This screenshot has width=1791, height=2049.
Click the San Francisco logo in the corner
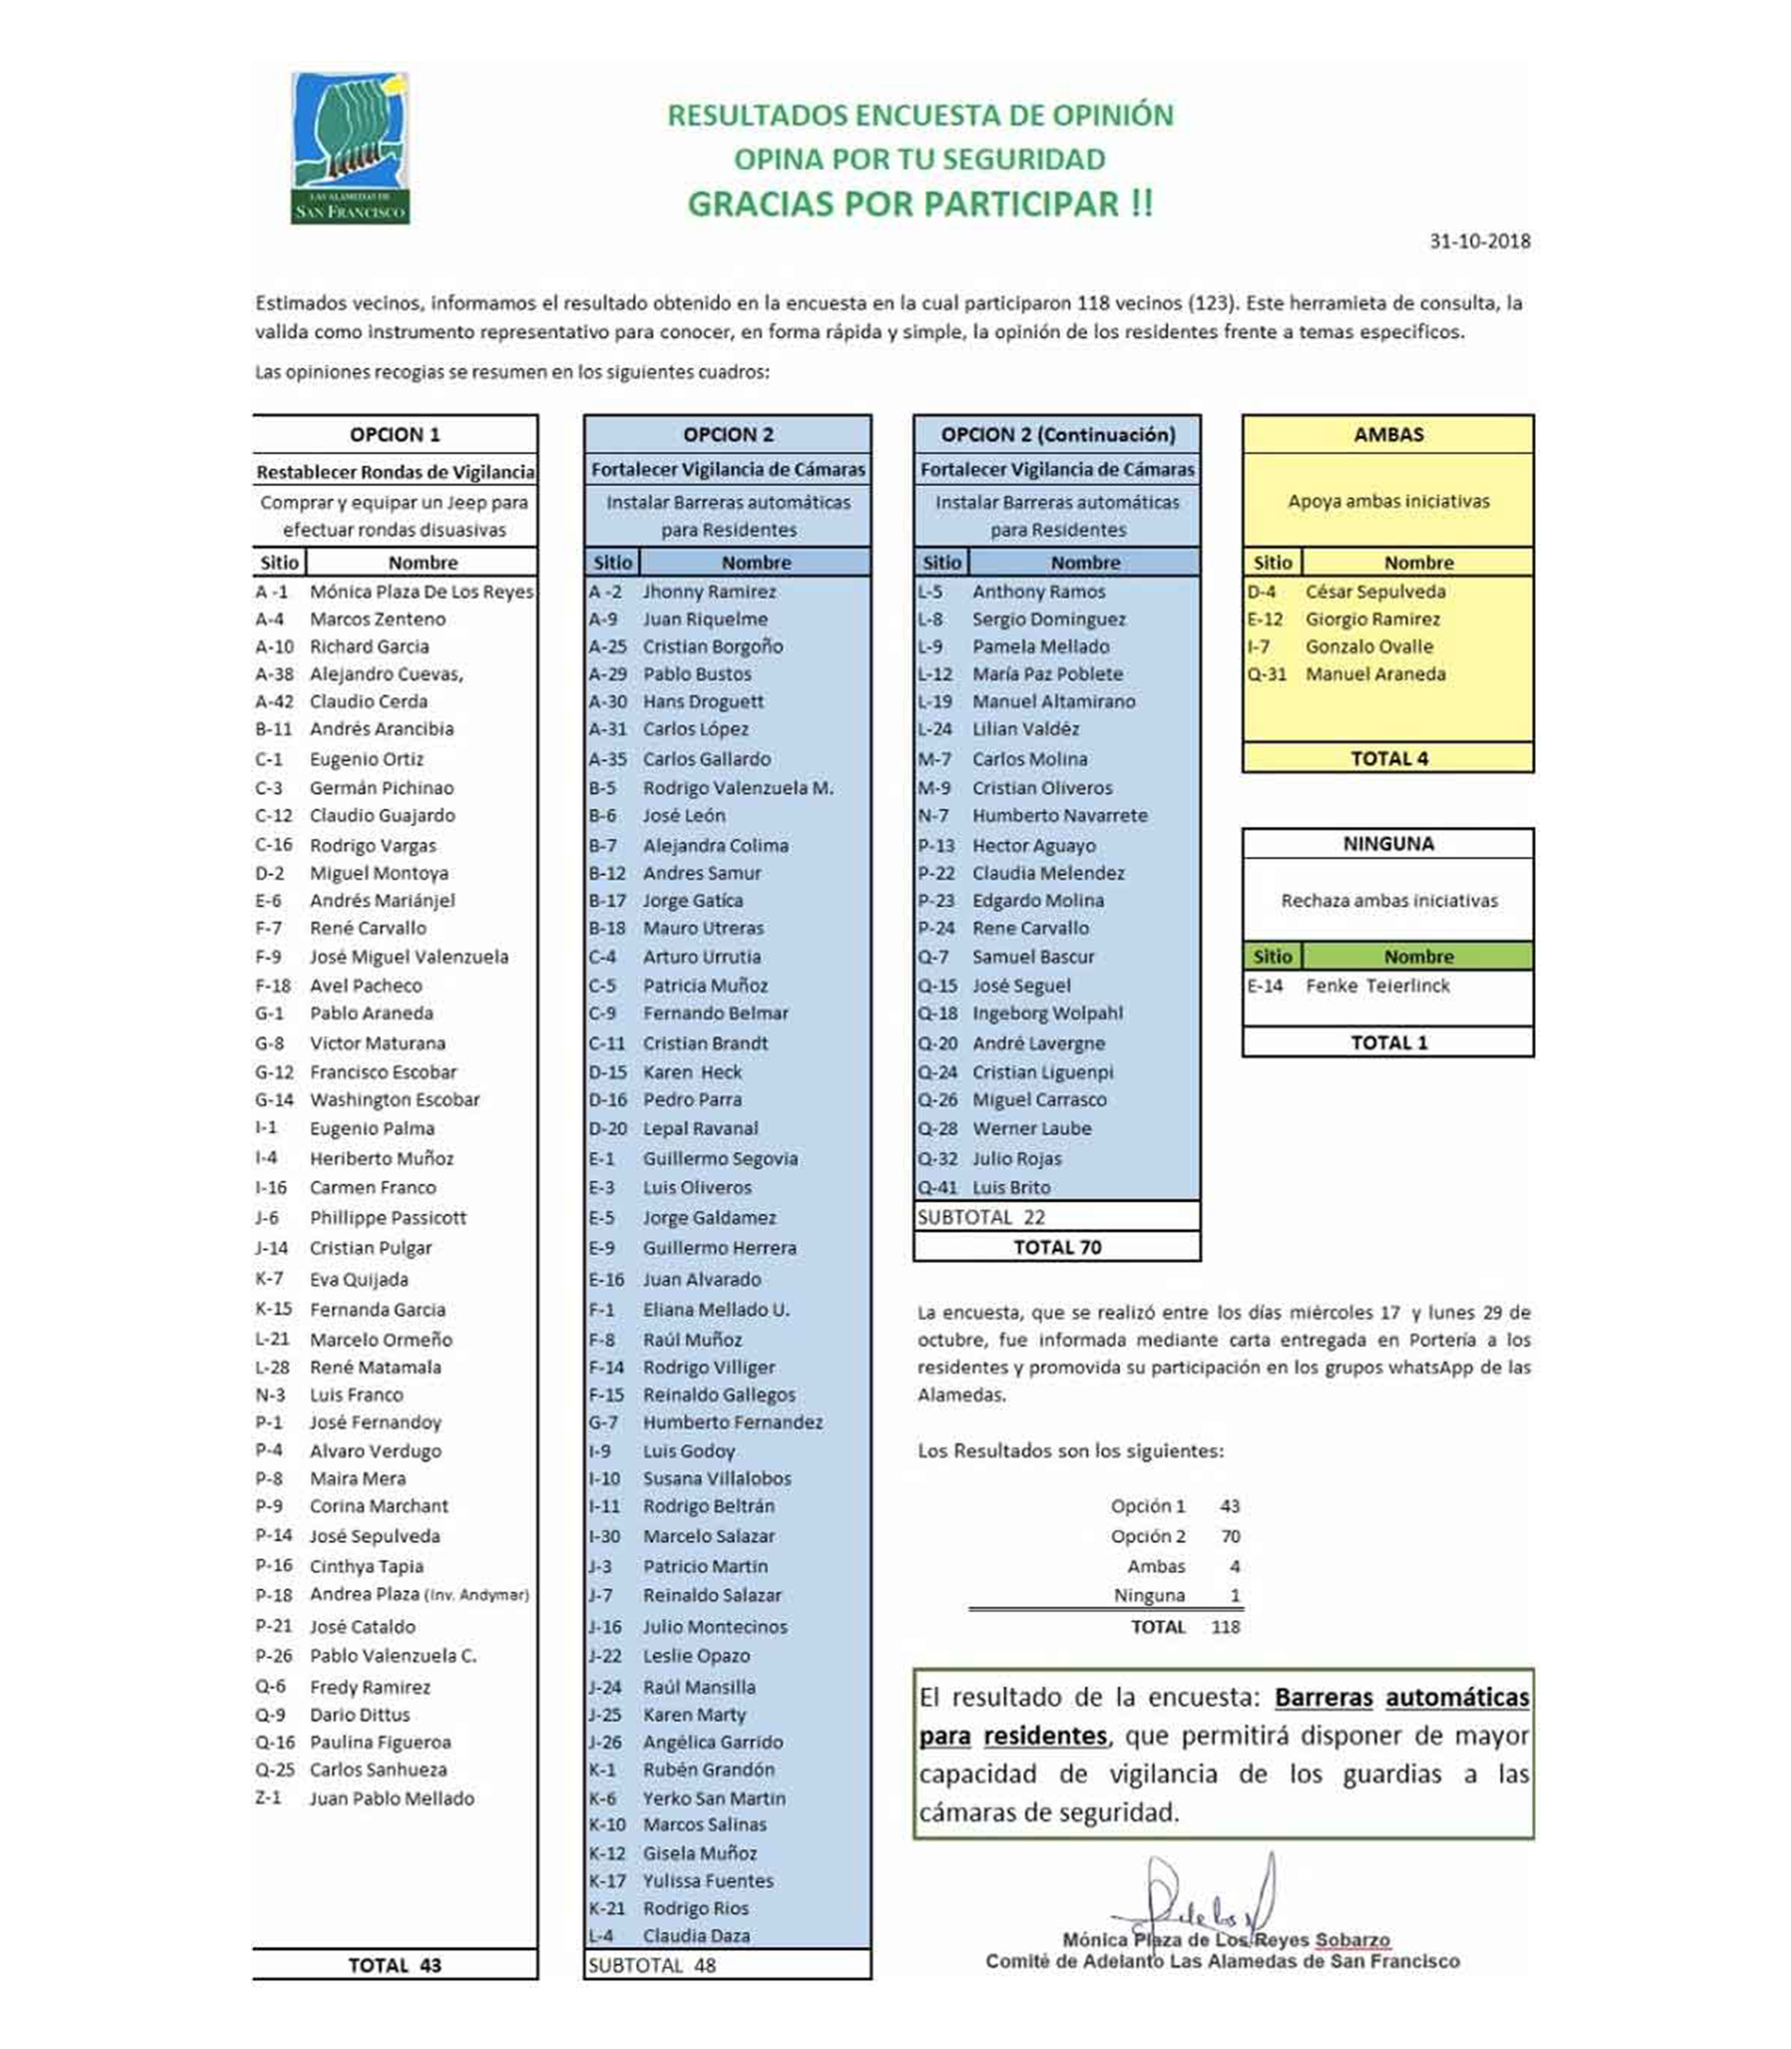350,148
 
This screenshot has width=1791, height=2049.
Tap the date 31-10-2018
1479,241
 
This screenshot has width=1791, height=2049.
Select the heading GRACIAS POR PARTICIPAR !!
920,204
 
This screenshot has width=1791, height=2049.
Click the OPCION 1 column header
395,435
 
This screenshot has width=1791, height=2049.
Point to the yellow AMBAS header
1388,435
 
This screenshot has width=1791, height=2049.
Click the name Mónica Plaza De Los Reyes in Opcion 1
421,591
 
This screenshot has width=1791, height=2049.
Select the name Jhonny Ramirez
709,591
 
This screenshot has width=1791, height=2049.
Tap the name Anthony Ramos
1039,591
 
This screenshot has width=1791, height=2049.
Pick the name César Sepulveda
1375,591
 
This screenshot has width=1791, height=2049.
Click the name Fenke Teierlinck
1377,986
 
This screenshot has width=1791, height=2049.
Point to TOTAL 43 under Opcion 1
395,1965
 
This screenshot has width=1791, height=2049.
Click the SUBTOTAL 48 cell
652,1965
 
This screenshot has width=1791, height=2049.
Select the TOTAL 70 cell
1057,1247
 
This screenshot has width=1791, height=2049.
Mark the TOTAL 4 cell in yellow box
1388,759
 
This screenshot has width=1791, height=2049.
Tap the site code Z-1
269,1798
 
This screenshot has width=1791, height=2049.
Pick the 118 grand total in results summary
1225,1627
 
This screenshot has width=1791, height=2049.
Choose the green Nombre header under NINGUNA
1418,957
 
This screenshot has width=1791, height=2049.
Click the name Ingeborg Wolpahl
1048,1014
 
